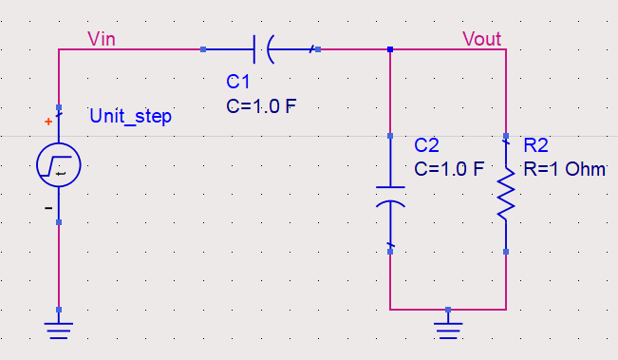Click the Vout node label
[x=482, y=38]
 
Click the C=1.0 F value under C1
[x=261, y=105]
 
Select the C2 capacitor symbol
[x=390, y=194]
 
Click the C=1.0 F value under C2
[x=450, y=169]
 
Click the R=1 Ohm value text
[x=564, y=169]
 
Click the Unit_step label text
[x=131, y=116]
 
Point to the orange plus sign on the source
[x=48, y=122]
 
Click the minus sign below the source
[x=48, y=206]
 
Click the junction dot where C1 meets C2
[x=390, y=48]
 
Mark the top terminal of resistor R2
[x=506, y=136]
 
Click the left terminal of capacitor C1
[x=203, y=48]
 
